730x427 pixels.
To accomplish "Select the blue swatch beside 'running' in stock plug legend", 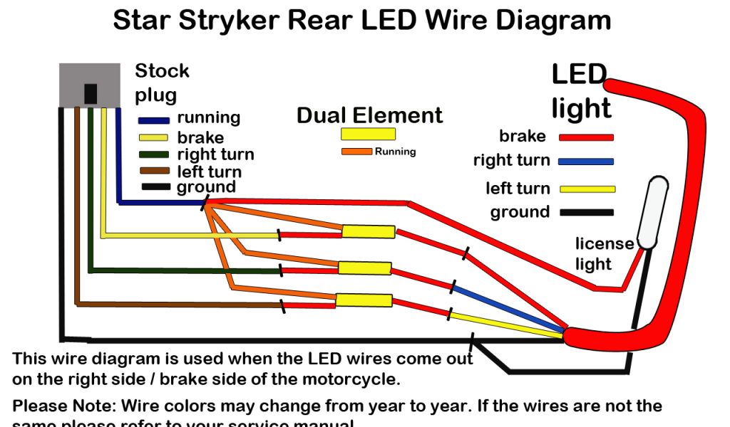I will [154, 120].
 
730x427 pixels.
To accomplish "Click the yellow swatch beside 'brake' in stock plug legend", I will [153, 137].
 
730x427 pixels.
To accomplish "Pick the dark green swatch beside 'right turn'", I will [154, 154].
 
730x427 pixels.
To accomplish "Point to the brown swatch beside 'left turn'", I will [154, 172].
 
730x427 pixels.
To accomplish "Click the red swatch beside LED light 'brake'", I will [586, 137].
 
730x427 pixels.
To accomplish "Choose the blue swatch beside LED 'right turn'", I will [586, 162].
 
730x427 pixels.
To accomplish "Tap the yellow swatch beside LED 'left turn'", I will [587, 189].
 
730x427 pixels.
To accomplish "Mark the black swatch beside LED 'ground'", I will [587, 212].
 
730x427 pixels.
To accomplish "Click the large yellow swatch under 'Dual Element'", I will [368, 134].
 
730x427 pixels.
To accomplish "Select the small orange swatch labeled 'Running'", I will [356, 151].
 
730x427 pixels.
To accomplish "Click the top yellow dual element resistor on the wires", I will [368, 231].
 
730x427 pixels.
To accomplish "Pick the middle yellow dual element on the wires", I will [364, 268].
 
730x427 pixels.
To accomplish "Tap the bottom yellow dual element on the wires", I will [363, 300].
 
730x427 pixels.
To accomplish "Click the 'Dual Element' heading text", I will [369, 115].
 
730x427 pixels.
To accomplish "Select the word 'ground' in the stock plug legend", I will [206, 188].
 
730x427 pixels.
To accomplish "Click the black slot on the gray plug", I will [91, 94].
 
